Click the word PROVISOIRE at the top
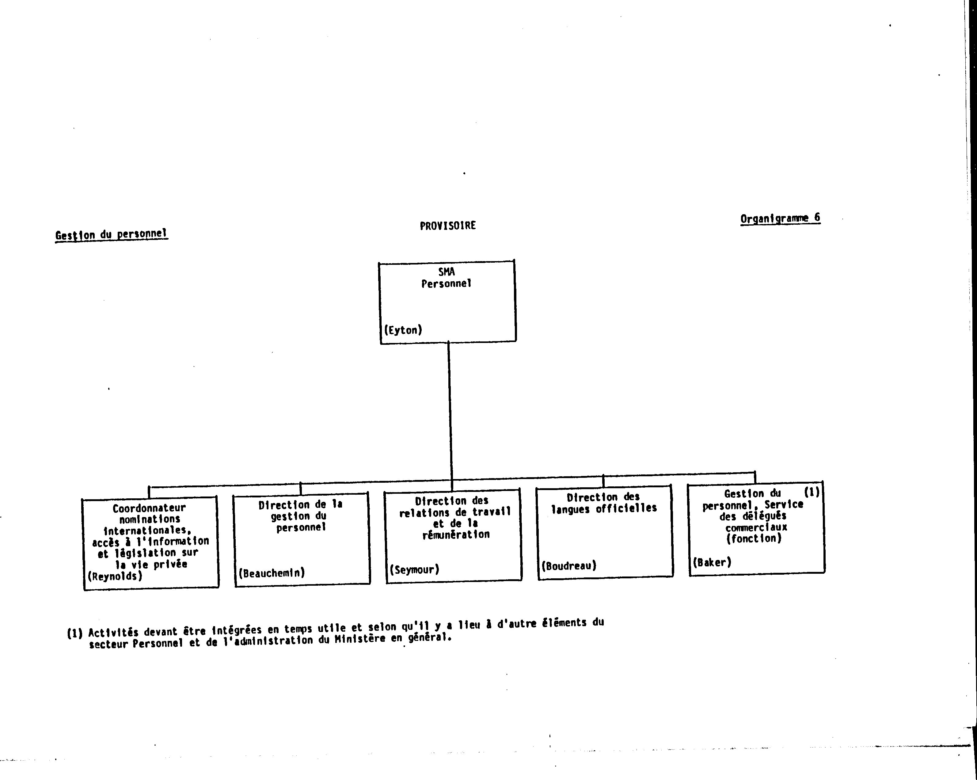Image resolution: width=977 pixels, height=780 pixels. pos(448,226)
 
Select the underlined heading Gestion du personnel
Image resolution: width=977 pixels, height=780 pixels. pos(112,235)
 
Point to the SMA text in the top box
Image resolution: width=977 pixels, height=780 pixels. pos(446,272)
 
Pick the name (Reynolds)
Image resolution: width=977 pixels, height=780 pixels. pos(115,576)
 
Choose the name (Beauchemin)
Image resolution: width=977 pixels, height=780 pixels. pos(272,573)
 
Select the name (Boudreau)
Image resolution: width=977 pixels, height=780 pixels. pos(569,566)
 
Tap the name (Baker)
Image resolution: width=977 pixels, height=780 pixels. pos(712,562)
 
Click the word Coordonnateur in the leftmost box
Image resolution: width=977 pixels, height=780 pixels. pos(149,508)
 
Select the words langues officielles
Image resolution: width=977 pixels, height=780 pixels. pos(604,508)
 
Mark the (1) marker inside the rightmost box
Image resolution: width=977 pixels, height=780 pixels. pos(812,492)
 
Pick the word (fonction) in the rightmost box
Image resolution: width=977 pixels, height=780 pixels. pos(754,538)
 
